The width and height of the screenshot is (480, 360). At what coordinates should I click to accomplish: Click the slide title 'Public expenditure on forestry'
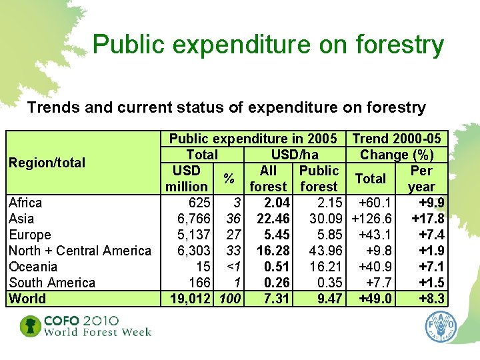tap(268, 45)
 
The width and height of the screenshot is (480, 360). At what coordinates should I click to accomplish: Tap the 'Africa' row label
tap(25, 203)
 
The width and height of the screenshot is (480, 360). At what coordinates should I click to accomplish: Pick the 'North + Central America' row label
tap(80, 251)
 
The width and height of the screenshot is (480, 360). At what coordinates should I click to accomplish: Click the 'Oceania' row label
tap(33, 267)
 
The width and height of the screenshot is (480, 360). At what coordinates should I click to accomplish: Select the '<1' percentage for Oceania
tap(231, 267)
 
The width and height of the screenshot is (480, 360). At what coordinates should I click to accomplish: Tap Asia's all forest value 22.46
tap(272, 219)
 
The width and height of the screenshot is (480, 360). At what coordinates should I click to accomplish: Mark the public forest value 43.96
tap(325, 251)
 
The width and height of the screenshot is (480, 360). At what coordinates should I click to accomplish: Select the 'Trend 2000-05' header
tap(397, 139)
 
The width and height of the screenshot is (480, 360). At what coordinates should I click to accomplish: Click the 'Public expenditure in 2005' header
tap(253, 139)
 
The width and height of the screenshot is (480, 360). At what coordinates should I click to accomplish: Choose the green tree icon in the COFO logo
tap(29, 326)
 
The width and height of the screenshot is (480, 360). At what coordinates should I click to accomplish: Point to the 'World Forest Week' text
tap(98, 332)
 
